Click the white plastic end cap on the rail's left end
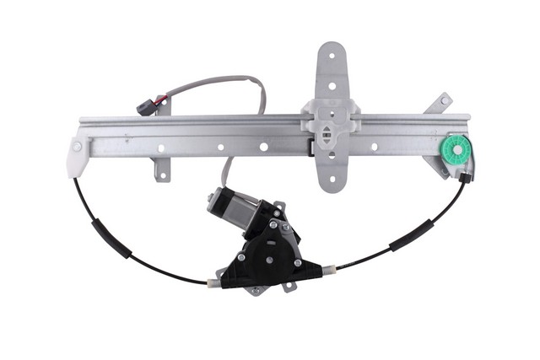point(79,155)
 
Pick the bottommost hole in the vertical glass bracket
point(331,178)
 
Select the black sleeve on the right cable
point(411,234)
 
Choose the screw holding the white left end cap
point(77,147)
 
